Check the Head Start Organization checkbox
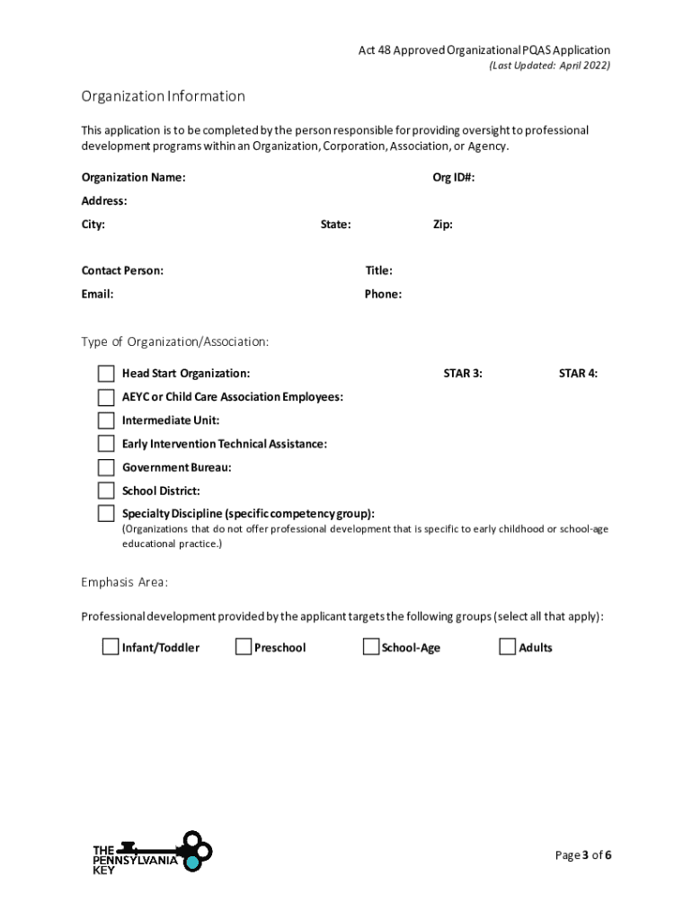tap(106, 374)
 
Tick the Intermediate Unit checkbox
tap(106, 420)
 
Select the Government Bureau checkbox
tap(106, 467)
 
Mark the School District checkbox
tap(106, 491)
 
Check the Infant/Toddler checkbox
tap(111, 647)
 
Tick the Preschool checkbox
tap(244, 647)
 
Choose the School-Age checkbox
tap(371, 647)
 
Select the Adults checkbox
tap(508, 647)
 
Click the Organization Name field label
tap(133, 178)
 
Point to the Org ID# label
tap(453, 178)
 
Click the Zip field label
tap(442, 225)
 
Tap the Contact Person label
tap(122, 270)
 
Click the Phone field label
tap(383, 294)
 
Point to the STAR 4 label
tap(578, 374)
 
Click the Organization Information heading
tap(163, 96)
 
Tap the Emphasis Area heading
tap(124, 582)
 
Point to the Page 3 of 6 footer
tap(583, 854)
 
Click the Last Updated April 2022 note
tap(549, 66)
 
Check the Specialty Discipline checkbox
tap(106, 514)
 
